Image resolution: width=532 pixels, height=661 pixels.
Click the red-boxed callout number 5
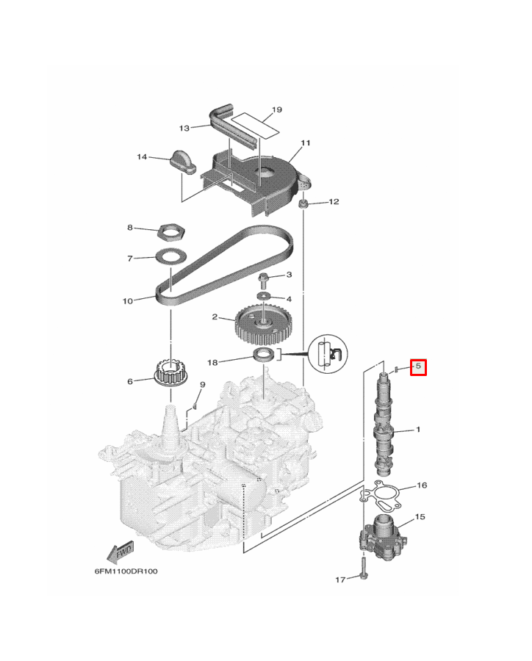pyautogui.click(x=418, y=366)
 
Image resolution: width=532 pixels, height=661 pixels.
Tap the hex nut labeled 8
pyautogui.click(x=171, y=232)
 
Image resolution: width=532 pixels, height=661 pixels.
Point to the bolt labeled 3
pyautogui.click(x=262, y=281)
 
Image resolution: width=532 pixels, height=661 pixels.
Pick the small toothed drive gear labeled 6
pyautogui.click(x=170, y=372)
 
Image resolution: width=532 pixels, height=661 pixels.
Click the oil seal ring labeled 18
pyautogui.click(x=264, y=355)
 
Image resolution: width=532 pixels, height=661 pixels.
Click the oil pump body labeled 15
pyautogui.click(x=383, y=536)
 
